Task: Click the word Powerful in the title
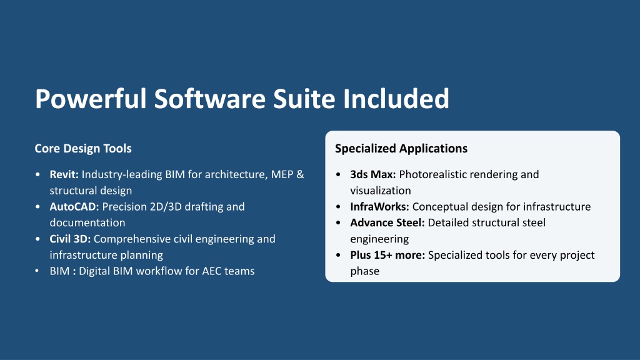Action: pyautogui.click(x=91, y=99)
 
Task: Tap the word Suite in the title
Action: pyautogui.click(x=304, y=98)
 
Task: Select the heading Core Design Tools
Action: pyautogui.click(x=83, y=149)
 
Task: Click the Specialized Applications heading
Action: pyautogui.click(x=401, y=149)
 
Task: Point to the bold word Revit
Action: pyautogui.click(x=64, y=174)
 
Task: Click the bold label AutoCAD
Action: pyautogui.click(x=74, y=206)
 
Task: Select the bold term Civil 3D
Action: pyautogui.click(x=70, y=239)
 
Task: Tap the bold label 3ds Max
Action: pyautogui.click(x=373, y=174)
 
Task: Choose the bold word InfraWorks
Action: pyautogui.click(x=379, y=206)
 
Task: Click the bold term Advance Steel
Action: pyautogui.click(x=387, y=223)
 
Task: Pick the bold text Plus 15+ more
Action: pyautogui.click(x=387, y=255)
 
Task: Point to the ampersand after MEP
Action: pyautogui.click(x=301, y=174)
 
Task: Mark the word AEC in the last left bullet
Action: pyautogui.click(x=211, y=271)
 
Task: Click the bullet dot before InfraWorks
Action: pyautogui.click(x=338, y=206)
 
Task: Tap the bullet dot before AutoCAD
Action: pyautogui.click(x=38, y=206)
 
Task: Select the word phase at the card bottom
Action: pyautogui.click(x=365, y=271)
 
